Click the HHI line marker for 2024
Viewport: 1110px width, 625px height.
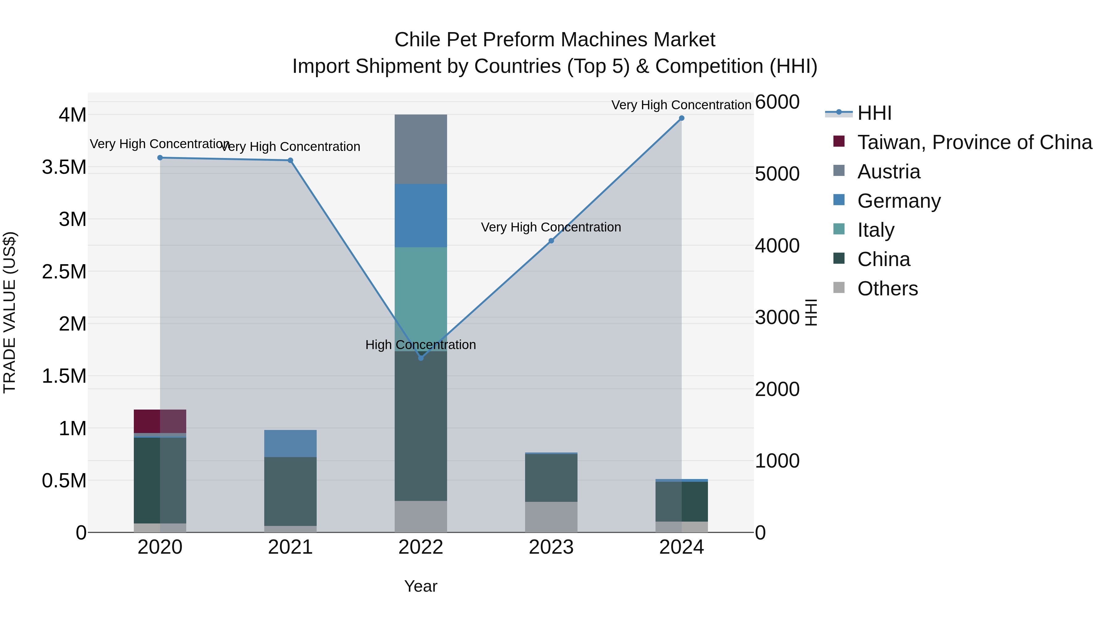pyautogui.click(x=681, y=118)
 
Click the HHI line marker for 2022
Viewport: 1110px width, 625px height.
pyautogui.click(x=421, y=358)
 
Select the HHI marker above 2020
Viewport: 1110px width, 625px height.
pyautogui.click(x=160, y=158)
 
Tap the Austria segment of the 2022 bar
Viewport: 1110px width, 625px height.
pyautogui.click(x=421, y=149)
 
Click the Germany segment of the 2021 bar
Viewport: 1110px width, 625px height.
pyautogui.click(x=290, y=444)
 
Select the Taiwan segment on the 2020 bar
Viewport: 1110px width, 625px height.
pyautogui.click(x=160, y=421)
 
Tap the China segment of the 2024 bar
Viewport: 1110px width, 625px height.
pyautogui.click(x=681, y=501)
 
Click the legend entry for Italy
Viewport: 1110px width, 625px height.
pyautogui.click(x=876, y=230)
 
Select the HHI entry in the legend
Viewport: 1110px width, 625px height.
pyautogui.click(x=874, y=113)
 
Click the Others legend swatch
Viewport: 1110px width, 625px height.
pyautogui.click(x=839, y=288)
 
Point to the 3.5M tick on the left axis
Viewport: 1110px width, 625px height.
pyautogui.click(x=64, y=167)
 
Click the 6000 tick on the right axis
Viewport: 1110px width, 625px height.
pyautogui.click(x=777, y=102)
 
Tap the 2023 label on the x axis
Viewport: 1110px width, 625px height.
pyautogui.click(x=551, y=547)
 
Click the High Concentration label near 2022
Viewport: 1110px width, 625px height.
pyautogui.click(x=421, y=345)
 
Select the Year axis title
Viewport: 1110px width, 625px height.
pyautogui.click(x=421, y=586)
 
